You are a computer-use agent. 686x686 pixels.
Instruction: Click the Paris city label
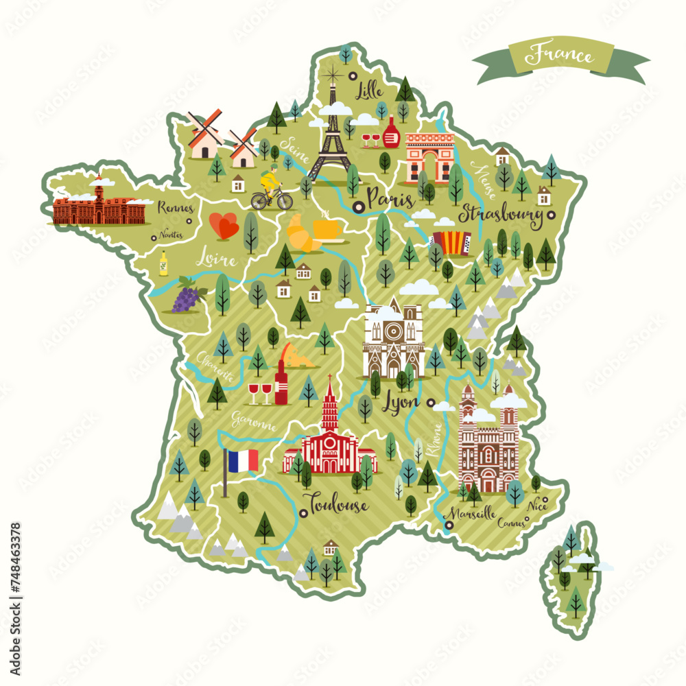[x=390, y=200]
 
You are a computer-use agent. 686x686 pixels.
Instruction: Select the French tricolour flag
[x=241, y=460]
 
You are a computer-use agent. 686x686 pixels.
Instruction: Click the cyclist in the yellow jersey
[x=271, y=187]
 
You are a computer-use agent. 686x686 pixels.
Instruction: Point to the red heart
[x=224, y=226]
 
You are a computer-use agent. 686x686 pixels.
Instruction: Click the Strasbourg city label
[x=501, y=215]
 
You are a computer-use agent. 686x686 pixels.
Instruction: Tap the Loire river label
[x=215, y=260]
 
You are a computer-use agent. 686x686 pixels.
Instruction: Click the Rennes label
[x=176, y=207]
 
